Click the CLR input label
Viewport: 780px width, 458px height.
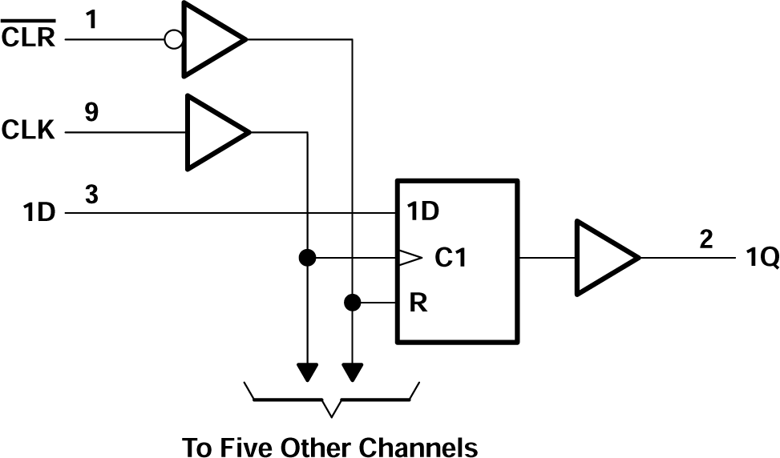tap(29, 37)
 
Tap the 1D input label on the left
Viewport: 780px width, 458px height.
tap(39, 214)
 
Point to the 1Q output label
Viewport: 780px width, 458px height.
tap(759, 260)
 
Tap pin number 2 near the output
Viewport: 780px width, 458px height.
tap(705, 239)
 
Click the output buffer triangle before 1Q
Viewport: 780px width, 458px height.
tap(601, 258)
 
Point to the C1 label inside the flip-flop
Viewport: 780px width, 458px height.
tap(451, 259)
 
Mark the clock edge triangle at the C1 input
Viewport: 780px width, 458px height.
tap(408, 258)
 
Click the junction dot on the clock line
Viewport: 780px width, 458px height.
tap(306, 258)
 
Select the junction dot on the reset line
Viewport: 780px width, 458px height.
tap(351, 303)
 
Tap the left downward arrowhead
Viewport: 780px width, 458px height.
tap(306, 372)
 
